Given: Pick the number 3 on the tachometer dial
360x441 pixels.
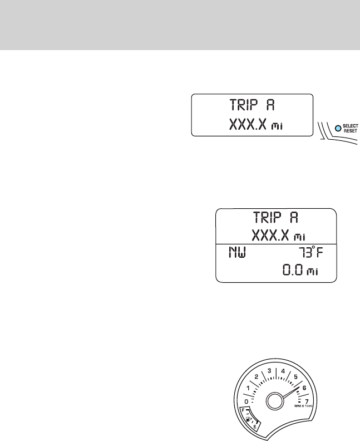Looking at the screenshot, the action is click(269, 371).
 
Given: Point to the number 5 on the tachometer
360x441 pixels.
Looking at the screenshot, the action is click(295, 376).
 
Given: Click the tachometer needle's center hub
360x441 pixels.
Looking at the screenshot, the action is click(276, 401).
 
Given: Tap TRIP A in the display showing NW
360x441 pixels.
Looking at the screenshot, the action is click(277, 219).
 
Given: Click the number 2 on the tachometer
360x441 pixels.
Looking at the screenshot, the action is click(257, 377).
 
